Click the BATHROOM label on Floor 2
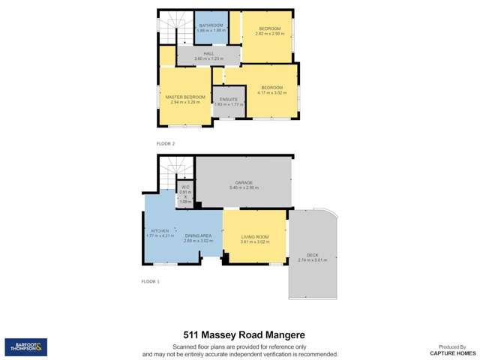211,25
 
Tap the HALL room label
208,54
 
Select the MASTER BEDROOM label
185,97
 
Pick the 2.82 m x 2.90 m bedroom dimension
268,34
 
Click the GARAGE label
244,182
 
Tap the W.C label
185,187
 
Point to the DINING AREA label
198,235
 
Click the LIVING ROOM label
254,237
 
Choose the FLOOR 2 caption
165,142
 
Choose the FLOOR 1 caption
150,281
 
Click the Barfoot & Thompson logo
26,346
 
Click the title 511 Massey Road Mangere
240,335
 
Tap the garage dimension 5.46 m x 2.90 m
244,187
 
